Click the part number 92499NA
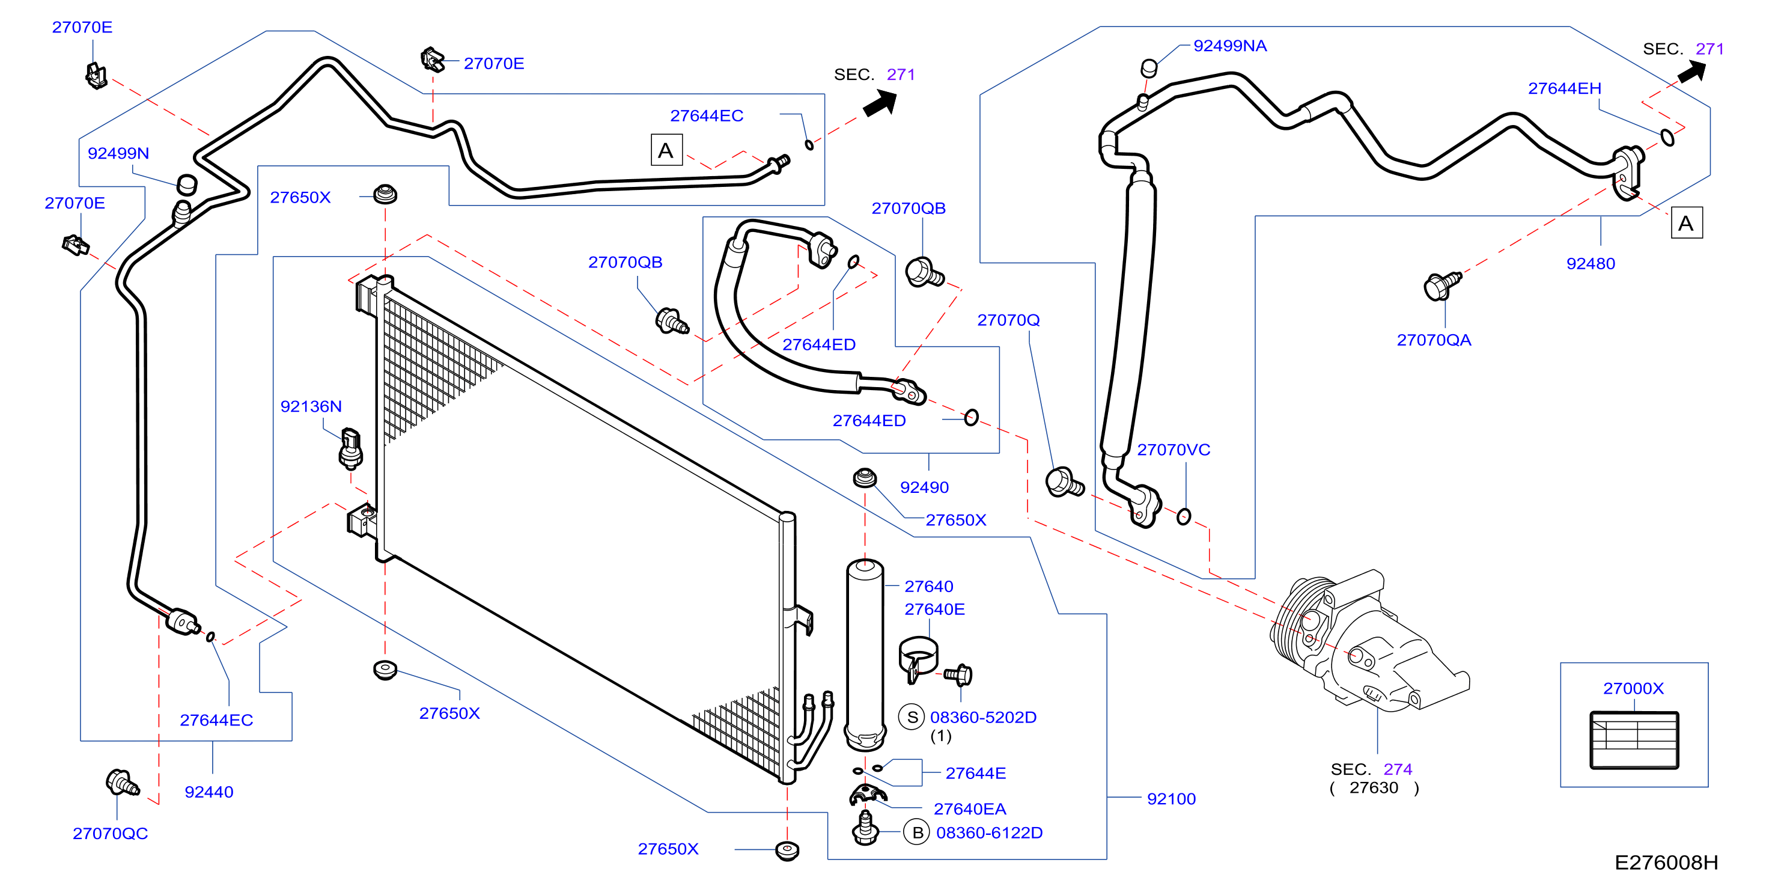tap(1229, 46)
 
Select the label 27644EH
tap(1564, 88)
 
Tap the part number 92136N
tap(311, 406)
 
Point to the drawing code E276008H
tap(1666, 862)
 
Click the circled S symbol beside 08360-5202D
tap(912, 717)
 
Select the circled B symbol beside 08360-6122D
tap(917, 832)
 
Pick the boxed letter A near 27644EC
tap(666, 150)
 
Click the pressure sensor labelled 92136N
tap(350, 449)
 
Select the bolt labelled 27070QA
tap(1441, 286)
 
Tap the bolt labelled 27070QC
tap(122, 783)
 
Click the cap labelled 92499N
tap(187, 184)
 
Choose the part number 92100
tap(1171, 798)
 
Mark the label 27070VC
tap(1173, 449)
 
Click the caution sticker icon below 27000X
tap(1634, 740)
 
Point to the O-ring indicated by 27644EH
tap(1667, 138)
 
